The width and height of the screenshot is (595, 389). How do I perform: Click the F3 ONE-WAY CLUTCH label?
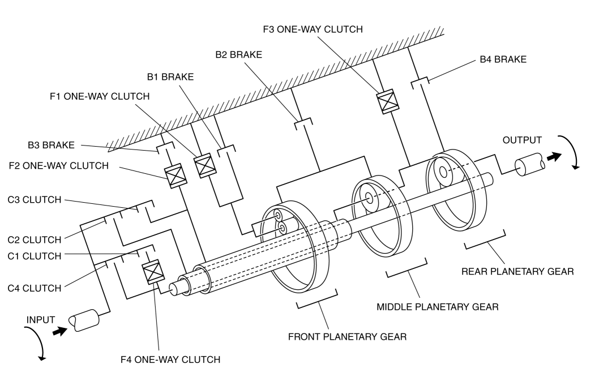click(313, 29)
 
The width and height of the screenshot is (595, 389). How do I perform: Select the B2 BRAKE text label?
click(239, 55)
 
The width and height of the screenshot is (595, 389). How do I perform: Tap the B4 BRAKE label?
click(503, 59)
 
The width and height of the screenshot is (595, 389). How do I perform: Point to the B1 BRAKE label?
click(170, 76)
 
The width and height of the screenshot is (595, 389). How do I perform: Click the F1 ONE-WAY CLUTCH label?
click(100, 96)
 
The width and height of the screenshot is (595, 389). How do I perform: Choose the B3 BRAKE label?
click(51, 145)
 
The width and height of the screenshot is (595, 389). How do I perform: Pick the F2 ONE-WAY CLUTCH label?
click(59, 165)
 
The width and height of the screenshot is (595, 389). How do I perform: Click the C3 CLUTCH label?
click(35, 200)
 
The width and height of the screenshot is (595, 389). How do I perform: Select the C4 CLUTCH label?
click(35, 288)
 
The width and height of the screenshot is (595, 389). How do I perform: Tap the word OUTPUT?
click(522, 140)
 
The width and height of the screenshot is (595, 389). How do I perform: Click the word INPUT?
click(41, 320)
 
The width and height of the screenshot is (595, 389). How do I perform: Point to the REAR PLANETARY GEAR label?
click(517, 271)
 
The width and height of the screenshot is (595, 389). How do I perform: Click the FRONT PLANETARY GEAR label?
click(347, 337)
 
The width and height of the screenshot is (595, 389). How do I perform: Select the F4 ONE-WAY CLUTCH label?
click(170, 360)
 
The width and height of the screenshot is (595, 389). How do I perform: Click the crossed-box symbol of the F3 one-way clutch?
click(388, 101)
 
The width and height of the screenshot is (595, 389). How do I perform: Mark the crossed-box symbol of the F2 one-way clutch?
click(175, 176)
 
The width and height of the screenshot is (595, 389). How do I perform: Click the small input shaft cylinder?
click(84, 320)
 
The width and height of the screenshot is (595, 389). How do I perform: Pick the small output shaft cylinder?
click(530, 164)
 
